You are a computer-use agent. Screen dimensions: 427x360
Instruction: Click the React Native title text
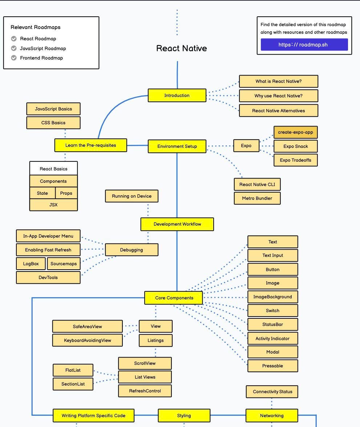[181, 48]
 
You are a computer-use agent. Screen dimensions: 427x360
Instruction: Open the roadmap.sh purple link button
[304, 45]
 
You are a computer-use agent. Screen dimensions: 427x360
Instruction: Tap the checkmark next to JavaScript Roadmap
[14, 48]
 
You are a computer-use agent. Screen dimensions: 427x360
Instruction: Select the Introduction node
[177, 96]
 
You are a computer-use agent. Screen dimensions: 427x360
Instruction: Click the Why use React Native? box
[278, 96]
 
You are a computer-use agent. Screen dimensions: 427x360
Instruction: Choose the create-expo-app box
[295, 132]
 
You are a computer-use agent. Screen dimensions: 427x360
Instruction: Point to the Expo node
[246, 146]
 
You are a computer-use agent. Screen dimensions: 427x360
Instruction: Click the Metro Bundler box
[257, 198]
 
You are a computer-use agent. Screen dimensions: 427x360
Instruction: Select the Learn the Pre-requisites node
[91, 145]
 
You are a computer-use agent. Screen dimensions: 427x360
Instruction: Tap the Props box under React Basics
[66, 193]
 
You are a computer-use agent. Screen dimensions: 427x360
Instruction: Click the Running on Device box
[132, 196]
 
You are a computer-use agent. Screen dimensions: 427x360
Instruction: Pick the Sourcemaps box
[64, 264]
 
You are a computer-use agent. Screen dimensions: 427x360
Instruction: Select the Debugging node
[132, 250]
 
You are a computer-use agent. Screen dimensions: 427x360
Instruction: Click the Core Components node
[174, 298]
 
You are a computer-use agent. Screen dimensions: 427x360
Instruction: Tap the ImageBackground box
[272, 297]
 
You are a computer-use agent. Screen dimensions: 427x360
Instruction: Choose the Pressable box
[272, 366]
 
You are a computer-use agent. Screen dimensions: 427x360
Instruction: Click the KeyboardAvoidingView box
[88, 341]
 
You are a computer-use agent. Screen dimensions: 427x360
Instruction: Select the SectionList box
[73, 384]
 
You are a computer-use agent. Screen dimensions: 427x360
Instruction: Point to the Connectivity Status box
[272, 392]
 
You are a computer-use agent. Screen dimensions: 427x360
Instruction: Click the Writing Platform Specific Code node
[93, 416]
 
